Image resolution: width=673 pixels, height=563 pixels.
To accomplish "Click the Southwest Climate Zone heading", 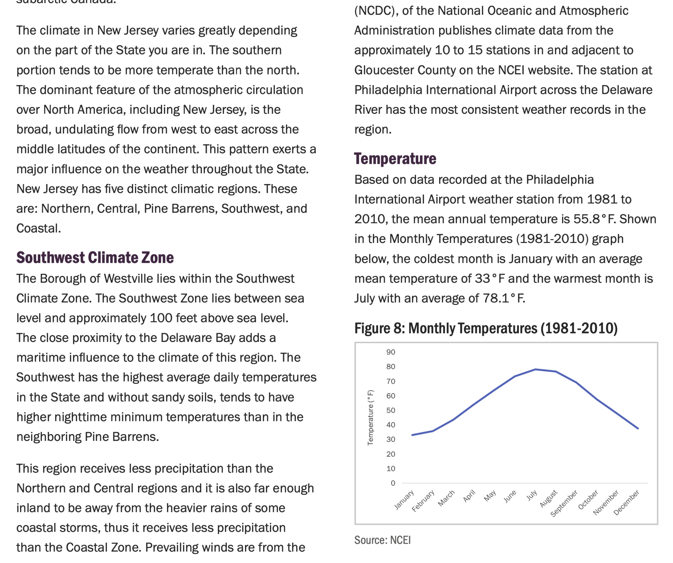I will coord(95,258).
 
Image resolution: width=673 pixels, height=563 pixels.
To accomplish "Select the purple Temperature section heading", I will coord(395,159).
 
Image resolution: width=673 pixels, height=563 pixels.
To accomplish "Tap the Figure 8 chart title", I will coord(486,328).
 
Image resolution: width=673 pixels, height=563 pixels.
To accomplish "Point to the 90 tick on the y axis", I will coord(391,352).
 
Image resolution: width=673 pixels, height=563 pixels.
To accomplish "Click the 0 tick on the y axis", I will coord(393,483).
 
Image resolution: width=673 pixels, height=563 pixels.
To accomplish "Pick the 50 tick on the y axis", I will coord(391,411).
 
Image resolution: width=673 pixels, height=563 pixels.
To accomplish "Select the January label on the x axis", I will coord(404,500).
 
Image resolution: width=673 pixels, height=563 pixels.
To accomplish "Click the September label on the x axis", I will coord(564,503).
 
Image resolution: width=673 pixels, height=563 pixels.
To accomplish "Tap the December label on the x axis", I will coord(626,502).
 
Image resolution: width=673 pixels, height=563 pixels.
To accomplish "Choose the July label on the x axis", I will coord(532,496).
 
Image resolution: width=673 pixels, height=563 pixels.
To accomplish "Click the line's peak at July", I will coord(535,370).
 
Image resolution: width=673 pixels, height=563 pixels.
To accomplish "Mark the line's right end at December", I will coord(638,428).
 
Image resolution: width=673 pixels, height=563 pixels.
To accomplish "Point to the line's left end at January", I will coord(413,435).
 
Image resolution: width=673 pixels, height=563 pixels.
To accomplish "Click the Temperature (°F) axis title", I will coord(370,417).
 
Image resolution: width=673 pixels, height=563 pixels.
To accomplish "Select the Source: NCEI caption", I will coord(382,540).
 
